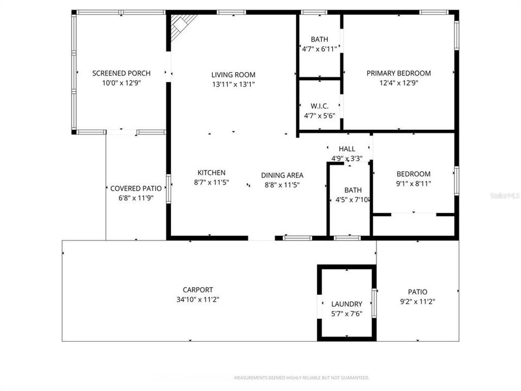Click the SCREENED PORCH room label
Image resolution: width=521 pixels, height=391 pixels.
[121, 73]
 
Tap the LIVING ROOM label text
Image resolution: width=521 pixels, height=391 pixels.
[233, 75]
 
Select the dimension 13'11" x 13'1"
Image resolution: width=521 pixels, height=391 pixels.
[233, 84]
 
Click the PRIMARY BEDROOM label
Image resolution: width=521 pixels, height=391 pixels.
[398, 73]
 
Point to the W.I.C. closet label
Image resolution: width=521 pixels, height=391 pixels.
[320, 106]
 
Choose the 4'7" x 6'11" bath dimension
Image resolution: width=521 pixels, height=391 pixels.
[320, 48]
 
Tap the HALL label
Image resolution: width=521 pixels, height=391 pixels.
[347, 149]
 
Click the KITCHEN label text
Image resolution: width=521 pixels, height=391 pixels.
[211, 173]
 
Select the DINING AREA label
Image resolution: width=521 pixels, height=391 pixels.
[282, 175]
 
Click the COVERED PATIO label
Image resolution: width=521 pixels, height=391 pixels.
[136, 188]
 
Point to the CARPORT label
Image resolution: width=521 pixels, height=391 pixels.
[198, 290]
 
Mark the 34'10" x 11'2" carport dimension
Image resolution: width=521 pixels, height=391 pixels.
[198, 299]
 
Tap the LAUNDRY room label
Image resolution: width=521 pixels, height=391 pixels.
[346, 304]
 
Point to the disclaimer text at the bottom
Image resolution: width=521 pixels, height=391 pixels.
[301, 377]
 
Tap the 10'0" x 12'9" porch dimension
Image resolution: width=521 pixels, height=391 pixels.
[121, 83]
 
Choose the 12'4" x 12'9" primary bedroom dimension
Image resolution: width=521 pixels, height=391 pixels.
[398, 83]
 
